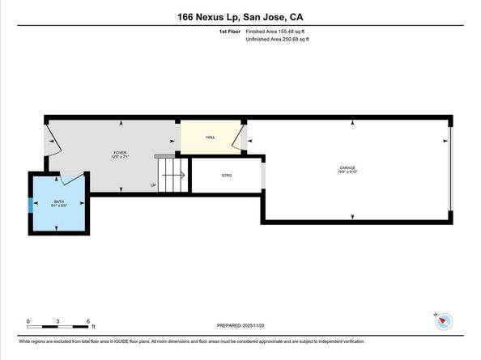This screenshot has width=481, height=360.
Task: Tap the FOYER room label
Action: [120, 152]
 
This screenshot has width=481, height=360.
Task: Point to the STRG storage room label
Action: [226, 175]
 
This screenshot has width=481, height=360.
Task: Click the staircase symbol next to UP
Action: [172, 175]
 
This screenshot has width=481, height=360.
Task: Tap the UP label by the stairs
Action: [153, 185]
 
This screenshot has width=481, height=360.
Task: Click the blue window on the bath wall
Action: [31, 204]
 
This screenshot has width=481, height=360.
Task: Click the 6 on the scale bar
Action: [87, 321]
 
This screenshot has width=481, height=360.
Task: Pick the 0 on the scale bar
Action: [28, 321]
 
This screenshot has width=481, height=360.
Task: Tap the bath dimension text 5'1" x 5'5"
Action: [59, 205]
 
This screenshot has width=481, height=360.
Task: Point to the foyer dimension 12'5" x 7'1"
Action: [120, 157]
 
